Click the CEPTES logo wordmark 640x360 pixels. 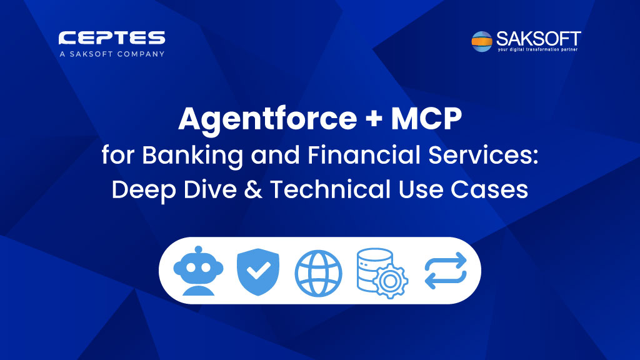tap(112, 38)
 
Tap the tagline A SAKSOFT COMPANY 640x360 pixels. tap(112, 54)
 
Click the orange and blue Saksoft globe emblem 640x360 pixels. tap(482, 41)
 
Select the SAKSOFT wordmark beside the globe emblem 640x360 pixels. tap(538, 39)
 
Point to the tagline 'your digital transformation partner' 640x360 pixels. tap(537, 49)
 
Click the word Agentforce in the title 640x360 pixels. tap(267, 119)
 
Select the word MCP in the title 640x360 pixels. tap(426, 119)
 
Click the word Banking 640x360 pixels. tap(192, 156)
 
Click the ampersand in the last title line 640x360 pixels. tap(253, 190)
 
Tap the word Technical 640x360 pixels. tap(330, 189)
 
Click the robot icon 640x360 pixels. tap(198, 271)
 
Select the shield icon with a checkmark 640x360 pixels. tap(258, 271)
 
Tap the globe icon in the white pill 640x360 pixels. tap(318, 273)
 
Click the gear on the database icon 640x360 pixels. tap(390, 281)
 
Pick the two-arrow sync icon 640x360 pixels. tap(445, 271)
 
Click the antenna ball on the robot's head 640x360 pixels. tap(198, 250)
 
